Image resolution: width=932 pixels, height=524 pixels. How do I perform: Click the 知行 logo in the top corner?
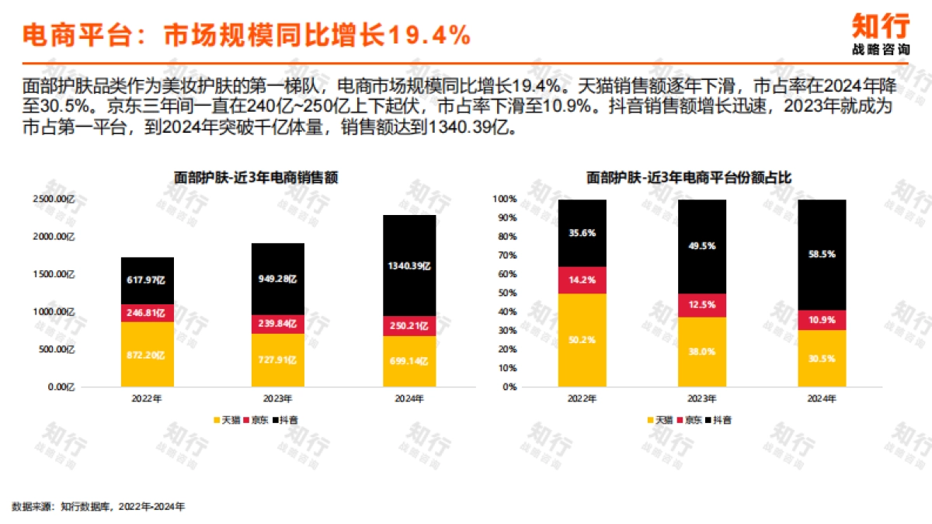click(881, 33)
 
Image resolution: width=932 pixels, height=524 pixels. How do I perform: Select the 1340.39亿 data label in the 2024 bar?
click(409, 265)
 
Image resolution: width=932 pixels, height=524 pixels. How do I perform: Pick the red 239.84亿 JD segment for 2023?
click(278, 324)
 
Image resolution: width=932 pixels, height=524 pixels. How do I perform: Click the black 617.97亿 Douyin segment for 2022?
click(148, 280)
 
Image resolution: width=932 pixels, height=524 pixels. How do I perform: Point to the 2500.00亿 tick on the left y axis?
click(53, 200)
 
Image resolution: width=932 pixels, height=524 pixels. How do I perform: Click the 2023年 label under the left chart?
click(278, 399)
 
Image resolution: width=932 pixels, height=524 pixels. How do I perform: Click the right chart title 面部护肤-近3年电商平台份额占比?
click(689, 178)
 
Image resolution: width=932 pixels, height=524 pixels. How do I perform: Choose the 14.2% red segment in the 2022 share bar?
click(582, 280)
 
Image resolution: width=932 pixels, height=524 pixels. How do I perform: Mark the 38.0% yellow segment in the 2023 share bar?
click(702, 351)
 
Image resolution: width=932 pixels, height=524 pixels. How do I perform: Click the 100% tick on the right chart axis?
click(503, 200)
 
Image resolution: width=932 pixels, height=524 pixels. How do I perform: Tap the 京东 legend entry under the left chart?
click(257, 420)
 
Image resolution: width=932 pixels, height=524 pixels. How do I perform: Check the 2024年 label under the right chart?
click(822, 399)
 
